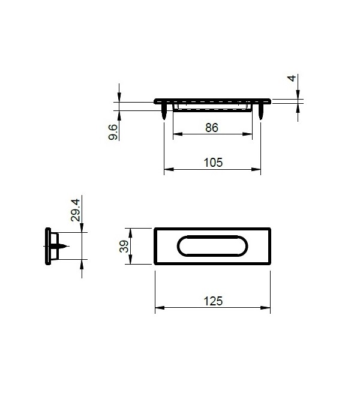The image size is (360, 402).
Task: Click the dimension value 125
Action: [x=213, y=301]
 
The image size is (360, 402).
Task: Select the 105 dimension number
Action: [x=213, y=162]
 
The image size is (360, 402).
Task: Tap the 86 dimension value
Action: [x=211, y=128]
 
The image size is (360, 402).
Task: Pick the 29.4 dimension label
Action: [x=76, y=210]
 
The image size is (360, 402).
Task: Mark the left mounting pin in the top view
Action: [x=164, y=112]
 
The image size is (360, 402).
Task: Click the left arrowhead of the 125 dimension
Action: [x=158, y=309]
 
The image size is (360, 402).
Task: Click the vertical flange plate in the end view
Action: [x=47, y=246]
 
